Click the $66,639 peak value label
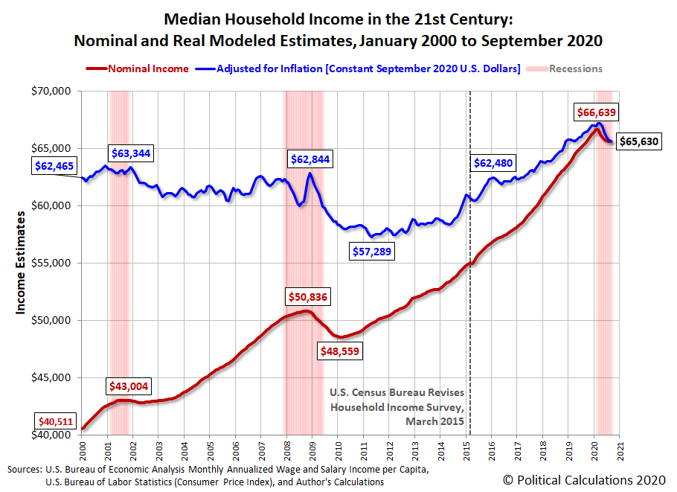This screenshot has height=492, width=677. tap(597, 112)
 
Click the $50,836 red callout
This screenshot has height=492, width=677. tap(308, 296)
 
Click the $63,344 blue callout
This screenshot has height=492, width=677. tap(131, 153)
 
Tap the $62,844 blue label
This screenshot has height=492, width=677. tap(310, 159)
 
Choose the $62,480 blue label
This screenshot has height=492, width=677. tap(493, 163)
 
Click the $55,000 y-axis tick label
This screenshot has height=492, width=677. tap(52, 263)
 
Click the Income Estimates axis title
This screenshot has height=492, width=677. tap(22, 263)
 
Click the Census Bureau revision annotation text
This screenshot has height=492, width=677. tap(397, 406)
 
